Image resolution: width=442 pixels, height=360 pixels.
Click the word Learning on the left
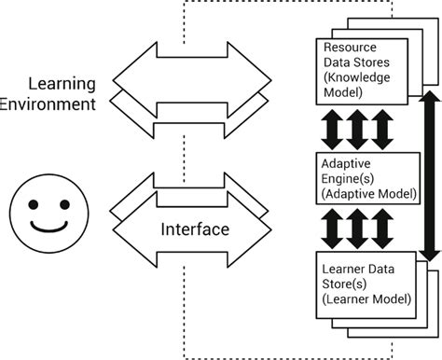point(62,83)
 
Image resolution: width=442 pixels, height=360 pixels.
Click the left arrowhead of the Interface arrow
point(123,228)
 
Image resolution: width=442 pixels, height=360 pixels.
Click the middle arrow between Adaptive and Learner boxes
point(358,226)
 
